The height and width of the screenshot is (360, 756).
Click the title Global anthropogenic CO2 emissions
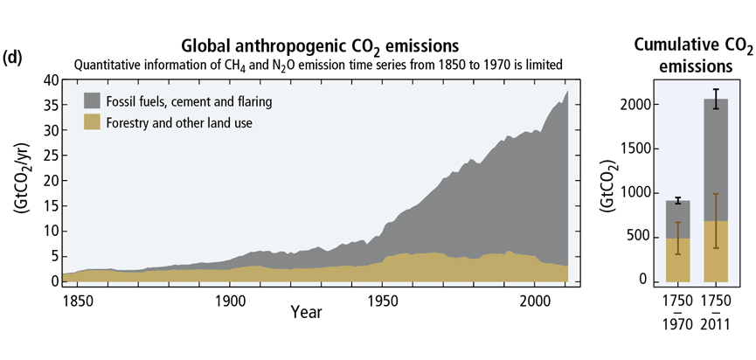(x=320, y=45)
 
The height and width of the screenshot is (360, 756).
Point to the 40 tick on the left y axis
(x=50, y=80)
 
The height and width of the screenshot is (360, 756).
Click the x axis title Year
(x=305, y=312)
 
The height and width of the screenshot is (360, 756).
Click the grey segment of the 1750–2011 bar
(x=716, y=157)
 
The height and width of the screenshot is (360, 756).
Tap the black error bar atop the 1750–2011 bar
(x=716, y=99)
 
